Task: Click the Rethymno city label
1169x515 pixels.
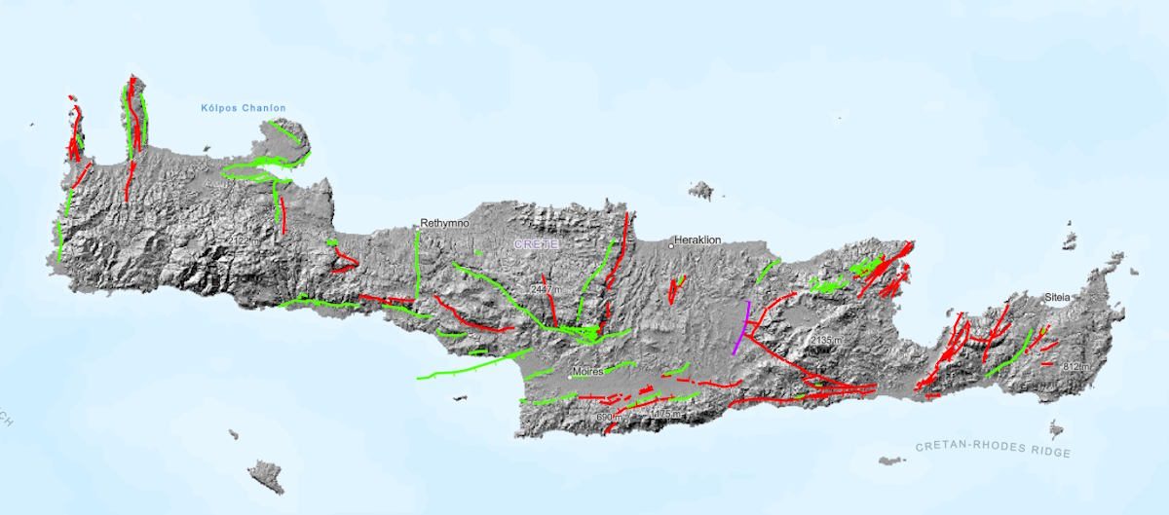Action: click(445, 223)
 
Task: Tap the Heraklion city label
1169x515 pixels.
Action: click(701, 239)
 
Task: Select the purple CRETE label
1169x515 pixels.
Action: click(537, 245)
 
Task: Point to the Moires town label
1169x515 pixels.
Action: click(589, 371)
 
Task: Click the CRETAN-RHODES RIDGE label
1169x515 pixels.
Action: click(993, 449)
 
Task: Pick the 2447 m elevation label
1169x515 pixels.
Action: click(545, 290)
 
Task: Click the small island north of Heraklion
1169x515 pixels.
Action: click(699, 190)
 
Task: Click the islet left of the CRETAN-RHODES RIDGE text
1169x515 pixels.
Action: click(890, 460)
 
